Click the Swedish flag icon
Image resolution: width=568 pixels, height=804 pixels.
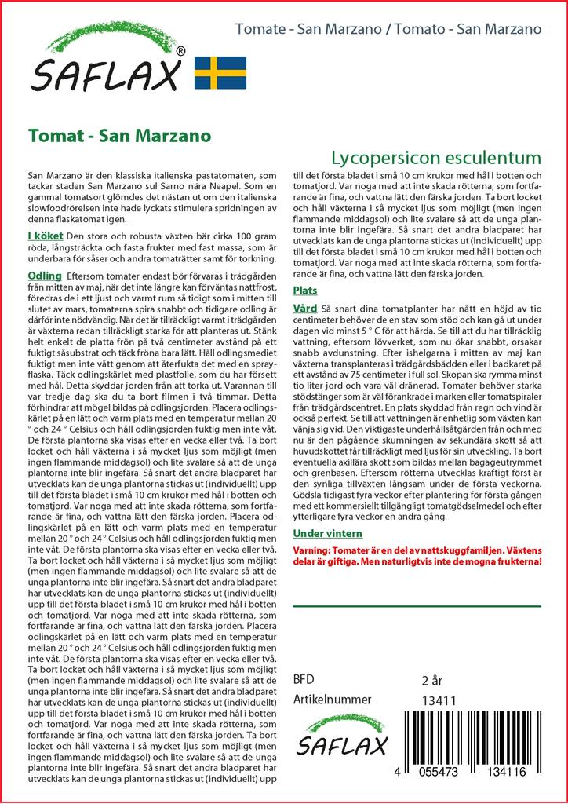click(220, 72)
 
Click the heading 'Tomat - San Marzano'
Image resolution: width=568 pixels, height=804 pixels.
click(119, 135)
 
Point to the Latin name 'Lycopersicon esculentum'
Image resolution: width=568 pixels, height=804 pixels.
click(435, 155)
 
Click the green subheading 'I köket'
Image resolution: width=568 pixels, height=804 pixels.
click(46, 236)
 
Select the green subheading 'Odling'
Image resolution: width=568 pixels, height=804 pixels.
click(45, 276)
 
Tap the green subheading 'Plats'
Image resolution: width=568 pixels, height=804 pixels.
click(304, 291)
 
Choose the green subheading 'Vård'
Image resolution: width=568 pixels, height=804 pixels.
click(304, 309)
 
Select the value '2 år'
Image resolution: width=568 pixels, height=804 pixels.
click(433, 680)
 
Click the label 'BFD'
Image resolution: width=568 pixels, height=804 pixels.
click(304, 680)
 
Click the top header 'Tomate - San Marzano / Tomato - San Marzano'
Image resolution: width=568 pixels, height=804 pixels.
click(388, 30)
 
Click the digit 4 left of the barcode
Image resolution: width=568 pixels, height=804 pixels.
click(399, 773)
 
